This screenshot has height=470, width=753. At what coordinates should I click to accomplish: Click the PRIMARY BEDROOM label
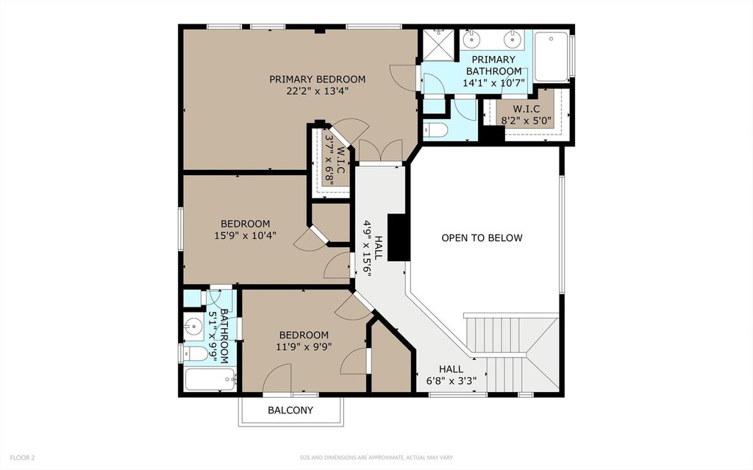tap(317, 79)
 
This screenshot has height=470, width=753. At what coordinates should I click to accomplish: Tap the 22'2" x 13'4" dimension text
tap(317, 90)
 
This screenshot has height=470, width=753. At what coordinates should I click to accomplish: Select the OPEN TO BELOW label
tap(482, 238)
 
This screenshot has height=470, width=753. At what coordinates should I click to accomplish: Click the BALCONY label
tap(290, 410)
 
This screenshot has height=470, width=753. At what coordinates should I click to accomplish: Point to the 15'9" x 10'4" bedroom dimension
tap(245, 235)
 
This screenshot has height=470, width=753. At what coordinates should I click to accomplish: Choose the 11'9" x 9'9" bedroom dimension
tap(304, 346)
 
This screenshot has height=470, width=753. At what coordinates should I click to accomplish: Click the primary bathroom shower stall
tap(438, 45)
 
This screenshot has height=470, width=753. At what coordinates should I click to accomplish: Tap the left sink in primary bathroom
tap(472, 38)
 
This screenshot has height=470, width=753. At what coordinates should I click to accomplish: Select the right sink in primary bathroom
tap(513, 38)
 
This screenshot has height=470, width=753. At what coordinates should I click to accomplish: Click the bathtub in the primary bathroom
tap(552, 57)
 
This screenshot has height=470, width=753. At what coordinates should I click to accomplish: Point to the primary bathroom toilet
tap(435, 129)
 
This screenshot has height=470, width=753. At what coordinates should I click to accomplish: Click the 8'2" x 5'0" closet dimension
tap(527, 121)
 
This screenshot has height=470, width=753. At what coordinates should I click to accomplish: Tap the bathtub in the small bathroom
tap(210, 380)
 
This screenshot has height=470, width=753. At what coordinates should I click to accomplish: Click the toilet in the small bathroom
tap(196, 354)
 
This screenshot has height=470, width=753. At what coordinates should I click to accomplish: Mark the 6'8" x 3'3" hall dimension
tap(452, 381)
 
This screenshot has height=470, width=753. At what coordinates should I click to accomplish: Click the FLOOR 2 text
tap(22, 457)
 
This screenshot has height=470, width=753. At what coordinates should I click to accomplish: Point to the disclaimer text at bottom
tap(376, 457)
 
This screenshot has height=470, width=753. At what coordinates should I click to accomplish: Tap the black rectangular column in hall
tap(398, 238)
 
